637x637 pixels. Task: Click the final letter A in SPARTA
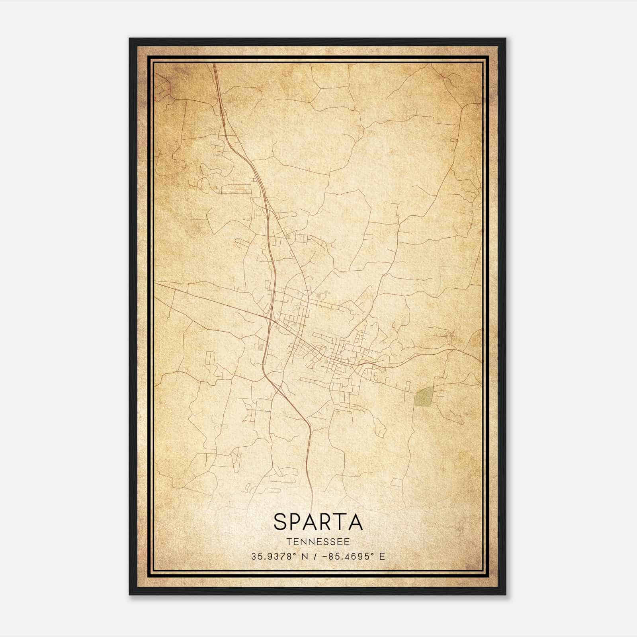pos(356,522)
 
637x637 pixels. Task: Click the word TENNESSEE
pos(318,542)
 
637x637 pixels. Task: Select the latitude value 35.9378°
pos(274,557)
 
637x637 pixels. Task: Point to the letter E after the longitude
pos(382,557)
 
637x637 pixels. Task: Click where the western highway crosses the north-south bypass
pos(271,319)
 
